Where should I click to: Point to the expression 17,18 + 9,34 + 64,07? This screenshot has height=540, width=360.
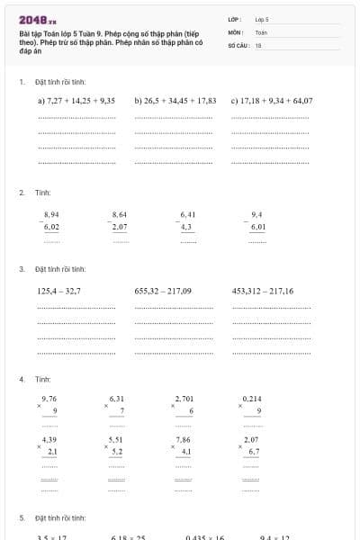(272, 101)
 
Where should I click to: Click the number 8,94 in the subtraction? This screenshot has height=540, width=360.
(51, 214)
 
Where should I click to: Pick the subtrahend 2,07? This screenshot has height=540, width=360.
(120, 228)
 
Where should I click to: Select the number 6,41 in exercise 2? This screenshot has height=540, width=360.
(187, 214)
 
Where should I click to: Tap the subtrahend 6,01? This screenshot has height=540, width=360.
(257, 228)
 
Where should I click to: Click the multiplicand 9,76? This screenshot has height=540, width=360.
(49, 398)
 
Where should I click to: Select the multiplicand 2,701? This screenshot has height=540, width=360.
(184, 398)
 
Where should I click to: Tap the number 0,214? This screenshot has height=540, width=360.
(252, 398)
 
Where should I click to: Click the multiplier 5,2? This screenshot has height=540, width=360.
(117, 451)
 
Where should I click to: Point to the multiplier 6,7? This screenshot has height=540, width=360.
(254, 451)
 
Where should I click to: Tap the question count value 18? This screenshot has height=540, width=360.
(258, 44)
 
